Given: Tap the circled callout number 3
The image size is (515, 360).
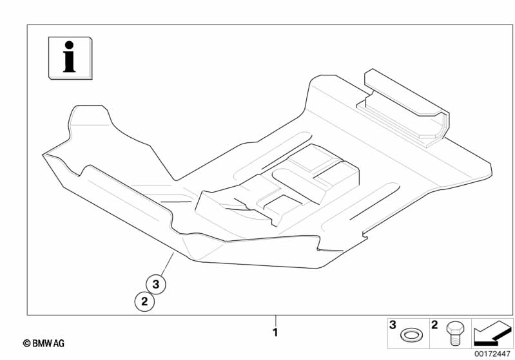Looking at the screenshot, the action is coord(156,283).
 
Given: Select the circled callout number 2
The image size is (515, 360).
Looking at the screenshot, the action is coord(144,300).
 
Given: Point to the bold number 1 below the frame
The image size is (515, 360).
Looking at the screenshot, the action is coord(275,332).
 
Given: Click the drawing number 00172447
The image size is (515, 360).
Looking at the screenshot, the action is coord(492,353).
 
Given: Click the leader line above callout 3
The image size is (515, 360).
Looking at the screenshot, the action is coord(167,264).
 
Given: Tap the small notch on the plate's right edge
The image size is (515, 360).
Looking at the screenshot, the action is coord(364,231).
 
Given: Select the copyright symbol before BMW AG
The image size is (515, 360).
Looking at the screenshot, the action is coord(26,344).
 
